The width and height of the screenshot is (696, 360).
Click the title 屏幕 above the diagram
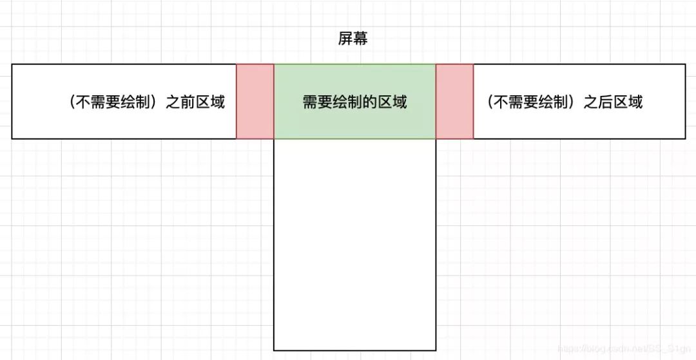(x=353, y=39)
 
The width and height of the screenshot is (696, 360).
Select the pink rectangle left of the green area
(x=255, y=101)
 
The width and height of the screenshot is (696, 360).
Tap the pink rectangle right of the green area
(x=454, y=101)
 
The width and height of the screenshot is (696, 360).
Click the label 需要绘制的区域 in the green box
(x=354, y=102)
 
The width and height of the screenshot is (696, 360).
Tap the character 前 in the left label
(x=188, y=102)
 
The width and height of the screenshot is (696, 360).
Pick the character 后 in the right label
(x=606, y=102)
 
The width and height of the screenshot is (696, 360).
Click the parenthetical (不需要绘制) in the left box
(x=113, y=102)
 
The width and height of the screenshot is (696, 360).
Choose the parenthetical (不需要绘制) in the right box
(x=531, y=102)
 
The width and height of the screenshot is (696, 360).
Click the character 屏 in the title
(x=345, y=39)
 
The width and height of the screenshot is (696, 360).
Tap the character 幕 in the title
(x=361, y=39)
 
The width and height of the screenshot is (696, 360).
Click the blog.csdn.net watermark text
(x=623, y=348)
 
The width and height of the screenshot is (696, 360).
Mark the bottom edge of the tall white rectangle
(x=354, y=350)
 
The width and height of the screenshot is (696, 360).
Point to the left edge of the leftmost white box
(x=12, y=101)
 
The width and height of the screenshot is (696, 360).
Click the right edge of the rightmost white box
(x=685, y=101)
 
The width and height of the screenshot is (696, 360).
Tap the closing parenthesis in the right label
(x=574, y=102)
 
